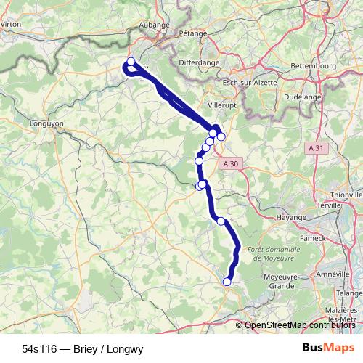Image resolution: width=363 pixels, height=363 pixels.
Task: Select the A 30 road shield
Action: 231,164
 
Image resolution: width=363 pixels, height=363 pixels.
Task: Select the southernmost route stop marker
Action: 227,282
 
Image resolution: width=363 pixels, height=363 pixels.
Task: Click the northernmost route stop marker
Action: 131,62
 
